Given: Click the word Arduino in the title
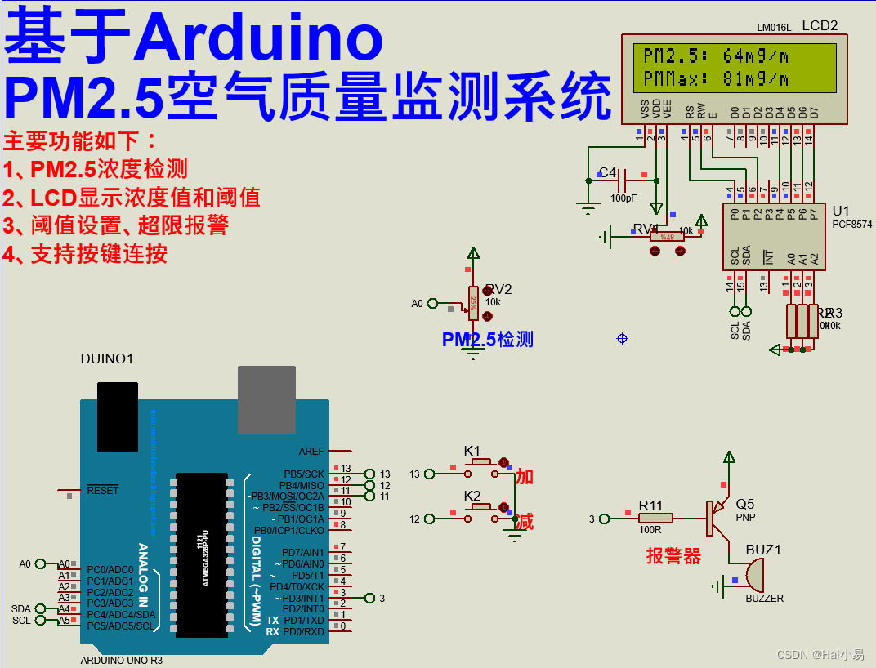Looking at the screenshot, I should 260,37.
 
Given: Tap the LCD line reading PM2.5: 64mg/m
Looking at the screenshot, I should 716,56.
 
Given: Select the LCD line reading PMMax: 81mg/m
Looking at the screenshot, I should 716,79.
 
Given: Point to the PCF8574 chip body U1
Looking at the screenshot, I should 772,237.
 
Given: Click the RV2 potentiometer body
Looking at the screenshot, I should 472,301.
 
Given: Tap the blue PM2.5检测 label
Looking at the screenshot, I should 487,340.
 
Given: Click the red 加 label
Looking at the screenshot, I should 525,477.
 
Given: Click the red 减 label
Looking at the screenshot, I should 525,522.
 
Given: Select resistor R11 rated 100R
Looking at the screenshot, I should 655,518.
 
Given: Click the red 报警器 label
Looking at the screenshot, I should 673,557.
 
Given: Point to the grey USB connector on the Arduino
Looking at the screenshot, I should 266,399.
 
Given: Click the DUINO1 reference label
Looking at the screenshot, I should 106,359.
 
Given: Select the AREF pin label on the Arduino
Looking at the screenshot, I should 311,452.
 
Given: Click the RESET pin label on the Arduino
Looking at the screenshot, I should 103,490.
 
